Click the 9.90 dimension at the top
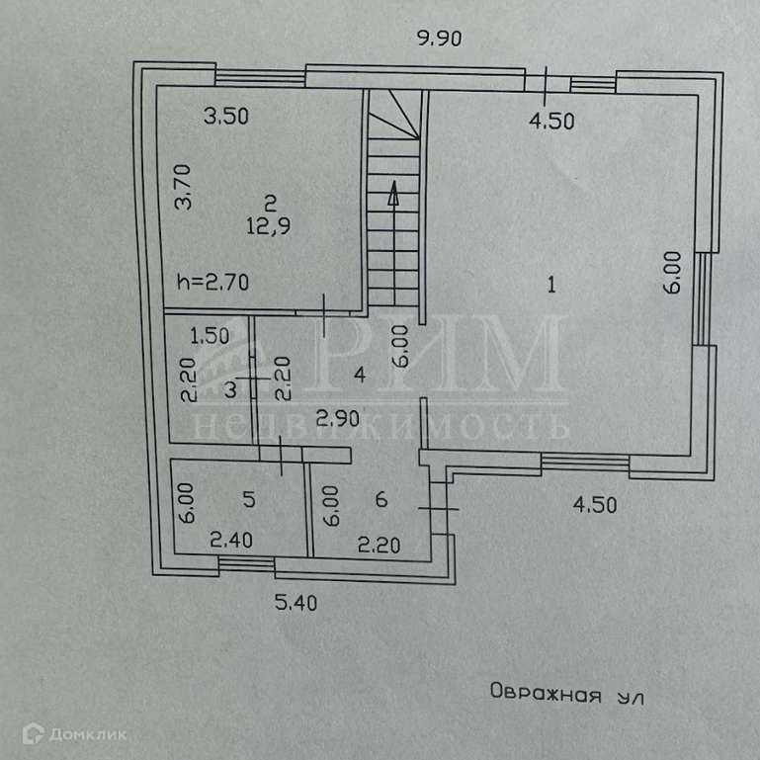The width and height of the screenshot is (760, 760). click(440, 40)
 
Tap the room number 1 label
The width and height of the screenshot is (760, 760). click(552, 286)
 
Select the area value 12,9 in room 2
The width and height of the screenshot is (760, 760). click(268, 224)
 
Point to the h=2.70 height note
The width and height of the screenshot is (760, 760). click(212, 281)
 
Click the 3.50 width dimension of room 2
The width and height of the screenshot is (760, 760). click(225, 116)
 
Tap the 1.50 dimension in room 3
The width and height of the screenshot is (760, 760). click(210, 334)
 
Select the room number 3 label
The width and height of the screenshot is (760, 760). click(229, 389)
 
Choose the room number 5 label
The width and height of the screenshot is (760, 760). click(249, 500)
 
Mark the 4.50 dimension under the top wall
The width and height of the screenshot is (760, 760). click(551, 122)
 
